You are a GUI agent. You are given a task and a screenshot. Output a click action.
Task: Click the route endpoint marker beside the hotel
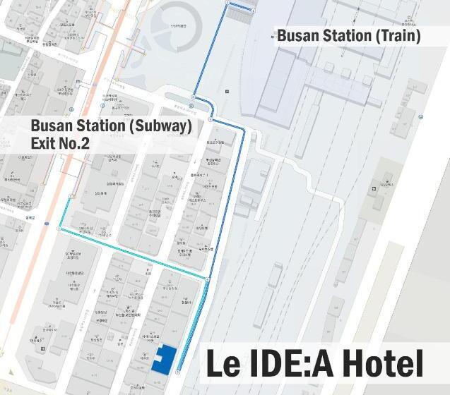coord(177,371)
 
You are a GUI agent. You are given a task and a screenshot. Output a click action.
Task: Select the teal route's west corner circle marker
coord(59,229)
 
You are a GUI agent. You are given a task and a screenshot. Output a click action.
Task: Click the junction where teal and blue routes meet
coord(207,281)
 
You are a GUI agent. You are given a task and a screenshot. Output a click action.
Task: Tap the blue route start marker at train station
coord(227,4)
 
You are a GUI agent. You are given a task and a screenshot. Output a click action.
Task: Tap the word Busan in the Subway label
coord(51,127)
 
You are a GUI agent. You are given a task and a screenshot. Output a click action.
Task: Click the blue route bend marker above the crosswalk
coord(192,97)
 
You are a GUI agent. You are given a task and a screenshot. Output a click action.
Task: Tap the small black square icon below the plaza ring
coord(227,91)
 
